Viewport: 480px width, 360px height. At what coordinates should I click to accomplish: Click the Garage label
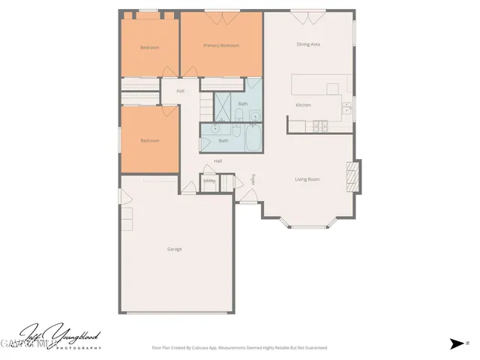pyautogui.click(x=174, y=249)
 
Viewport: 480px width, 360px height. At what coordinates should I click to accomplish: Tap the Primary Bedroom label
pyautogui.click(x=221, y=46)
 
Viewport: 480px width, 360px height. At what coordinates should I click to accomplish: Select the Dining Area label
pyautogui.click(x=308, y=45)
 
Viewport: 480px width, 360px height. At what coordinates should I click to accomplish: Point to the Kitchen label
pyautogui.click(x=303, y=105)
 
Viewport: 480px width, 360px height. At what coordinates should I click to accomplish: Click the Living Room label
pyautogui.click(x=307, y=179)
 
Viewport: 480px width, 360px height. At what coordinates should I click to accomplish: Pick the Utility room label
pyautogui.click(x=209, y=181)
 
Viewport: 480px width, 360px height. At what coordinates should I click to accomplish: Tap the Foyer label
pyautogui.click(x=253, y=179)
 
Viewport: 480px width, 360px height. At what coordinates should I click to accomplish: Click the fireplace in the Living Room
pyautogui.click(x=351, y=178)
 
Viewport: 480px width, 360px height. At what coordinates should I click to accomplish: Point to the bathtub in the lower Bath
pyautogui.click(x=252, y=139)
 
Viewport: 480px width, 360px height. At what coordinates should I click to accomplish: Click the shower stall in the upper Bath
pyautogui.click(x=223, y=110)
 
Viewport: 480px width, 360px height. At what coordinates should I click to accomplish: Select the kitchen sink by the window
pyautogui.click(x=346, y=109)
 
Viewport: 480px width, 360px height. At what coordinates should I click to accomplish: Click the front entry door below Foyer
pyautogui.click(x=247, y=199)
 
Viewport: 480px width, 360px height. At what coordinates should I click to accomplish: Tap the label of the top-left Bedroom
pyautogui.click(x=150, y=48)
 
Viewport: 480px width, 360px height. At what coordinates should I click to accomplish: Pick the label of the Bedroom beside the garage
pyautogui.click(x=150, y=140)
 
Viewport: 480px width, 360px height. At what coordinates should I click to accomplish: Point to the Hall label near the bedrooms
pyautogui.click(x=181, y=91)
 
